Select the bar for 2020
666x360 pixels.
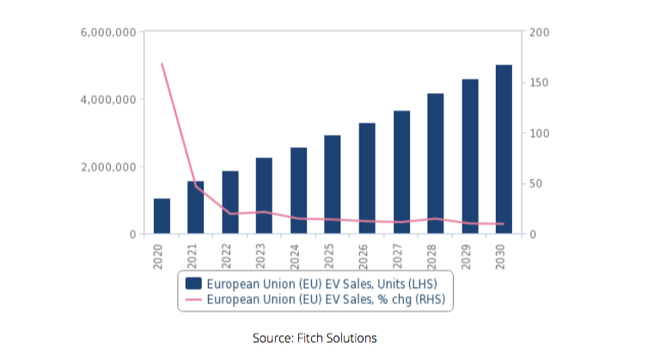coord(162,216)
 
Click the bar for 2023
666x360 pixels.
coord(264,196)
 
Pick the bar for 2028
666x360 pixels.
coord(435,163)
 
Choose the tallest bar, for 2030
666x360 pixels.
coord(504,149)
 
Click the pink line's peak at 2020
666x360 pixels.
coord(162,64)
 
